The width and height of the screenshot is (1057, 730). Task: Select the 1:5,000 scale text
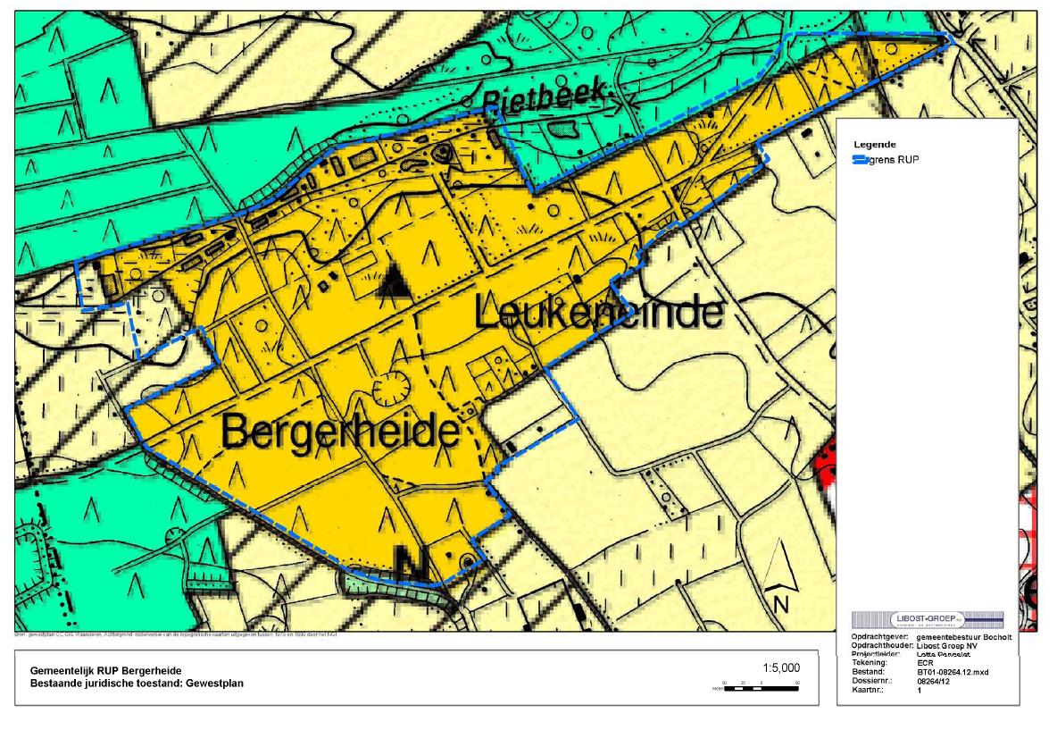click(x=782, y=668)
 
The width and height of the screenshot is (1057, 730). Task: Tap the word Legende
click(x=875, y=144)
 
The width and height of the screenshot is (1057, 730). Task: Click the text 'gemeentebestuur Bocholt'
click(x=963, y=637)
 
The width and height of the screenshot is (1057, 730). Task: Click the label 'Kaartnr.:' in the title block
click(x=860, y=690)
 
